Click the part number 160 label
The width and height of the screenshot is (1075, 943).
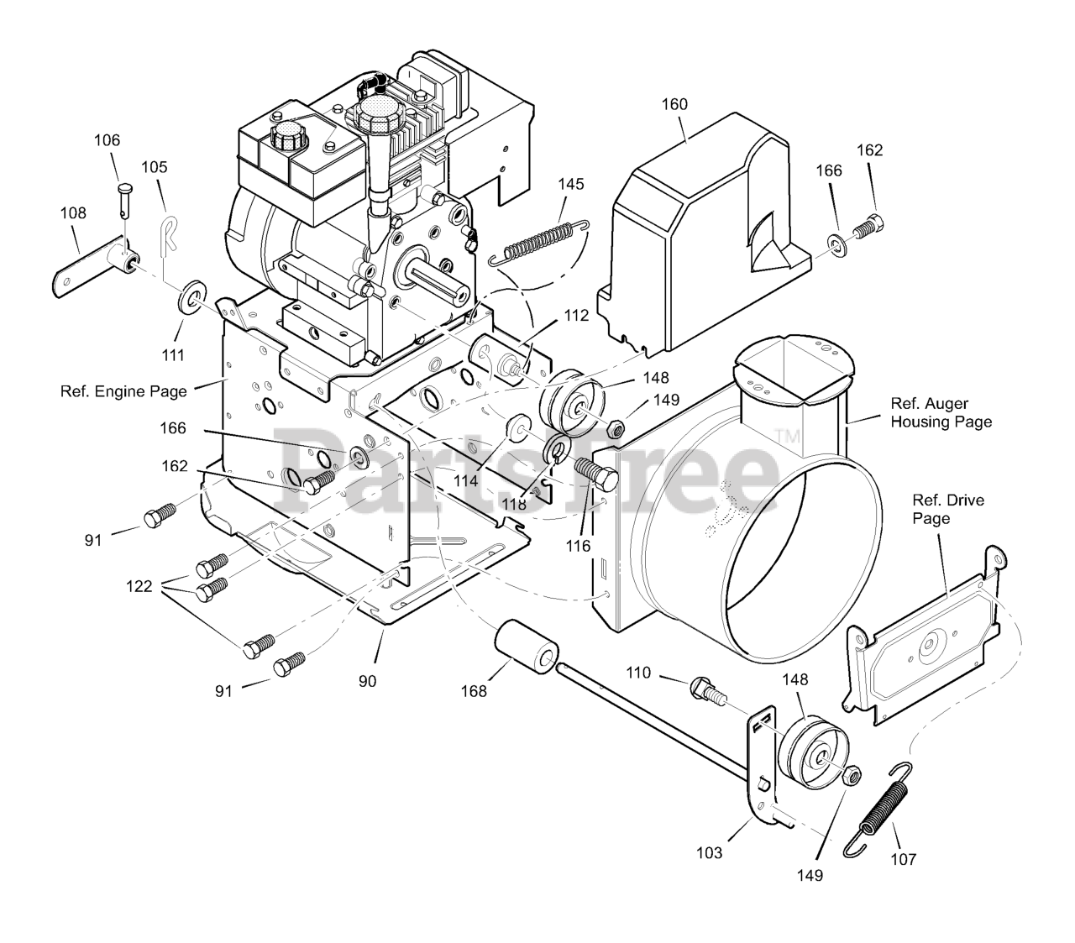(x=674, y=104)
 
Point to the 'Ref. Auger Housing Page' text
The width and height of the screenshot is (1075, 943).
(x=941, y=412)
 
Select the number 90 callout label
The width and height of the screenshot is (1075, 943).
(x=368, y=681)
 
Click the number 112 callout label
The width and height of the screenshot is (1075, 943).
(x=577, y=317)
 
